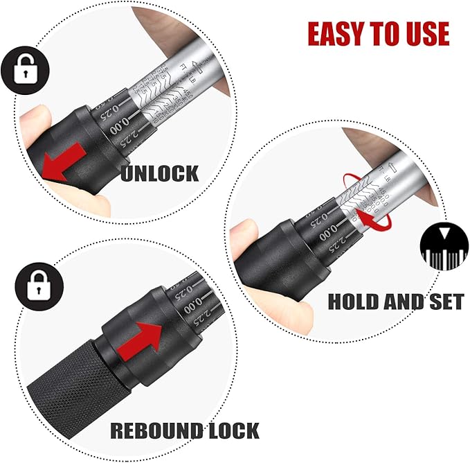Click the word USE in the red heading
tap(424, 33)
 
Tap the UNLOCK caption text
tap(159, 172)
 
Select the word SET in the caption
tap(444, 302)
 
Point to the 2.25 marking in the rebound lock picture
tap(198, 320)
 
